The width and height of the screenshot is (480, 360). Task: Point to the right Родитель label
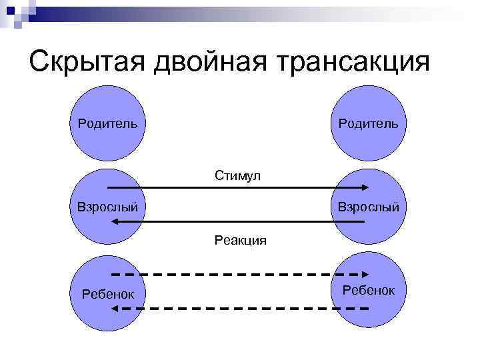pyautogui.click(x=368, y=123)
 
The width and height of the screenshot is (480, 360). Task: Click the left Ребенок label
pyautogui.click(x=107, y=293)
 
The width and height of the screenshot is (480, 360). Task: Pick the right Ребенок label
pyautogui.click(x=368, y=290)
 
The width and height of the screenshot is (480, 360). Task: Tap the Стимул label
pyautogui.click(x=237, y=175)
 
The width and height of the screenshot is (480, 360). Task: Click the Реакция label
pyautogui.click(x=240, y=240)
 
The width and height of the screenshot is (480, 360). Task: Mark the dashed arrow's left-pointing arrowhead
pyautogui.click(x=115, y=309)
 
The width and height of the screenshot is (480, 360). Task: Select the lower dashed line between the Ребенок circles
pyautogui.click(x=240, y=309)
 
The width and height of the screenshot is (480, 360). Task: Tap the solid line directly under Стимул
pyautogui.click(x=237, y=188)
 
